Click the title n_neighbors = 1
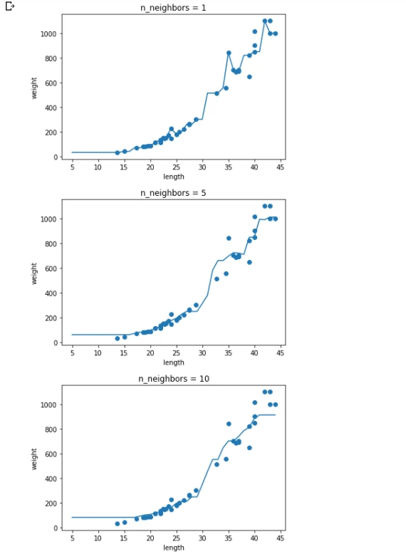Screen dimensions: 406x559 pyautogui.click(x=173, y=8)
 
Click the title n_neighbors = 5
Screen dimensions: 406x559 pyautogui.click(x=173, y=193)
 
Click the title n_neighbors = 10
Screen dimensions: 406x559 pyautogui.click(x=174, y=379)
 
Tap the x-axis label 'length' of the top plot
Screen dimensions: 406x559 pyautogui.click(x=174, y=177)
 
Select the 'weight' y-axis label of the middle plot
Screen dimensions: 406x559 pyautogui.click(x=34, y=273)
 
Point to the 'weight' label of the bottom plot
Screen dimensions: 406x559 pyautogui.click(x=34, y=459)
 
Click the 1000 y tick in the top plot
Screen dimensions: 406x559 pyautogui.click(x=48, y=34)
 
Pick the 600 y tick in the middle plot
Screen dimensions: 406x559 pyautogui.click(x=51, y=268)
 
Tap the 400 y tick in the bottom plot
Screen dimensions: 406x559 pyautogui.click(x=51, y=479)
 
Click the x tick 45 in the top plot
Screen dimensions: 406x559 pyautogui.click(x=280, y=167)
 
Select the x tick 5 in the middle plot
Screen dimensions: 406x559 pyautogui.click(x=73, y=353)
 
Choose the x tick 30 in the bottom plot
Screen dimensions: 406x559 pyautogui.click(x=202, y=538)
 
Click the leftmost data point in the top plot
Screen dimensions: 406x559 pyautogui.click(x=118, y=152)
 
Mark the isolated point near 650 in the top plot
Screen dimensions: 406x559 pyautogui.click(x=249, y=77)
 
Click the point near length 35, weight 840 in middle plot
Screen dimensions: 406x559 pyautogui.click(x=229, y=238)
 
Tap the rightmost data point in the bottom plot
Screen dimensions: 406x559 pyautogui.click(x=275, y=404)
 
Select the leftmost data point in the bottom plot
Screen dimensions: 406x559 pyautogui.click(x=118, y=523)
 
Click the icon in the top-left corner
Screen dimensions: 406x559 pyautogui.click(x=10, y=6)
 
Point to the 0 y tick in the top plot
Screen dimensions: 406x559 pyautogui.click(x=56, y=157)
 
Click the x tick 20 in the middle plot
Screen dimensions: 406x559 pyautogui.click(x=150, y=353)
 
